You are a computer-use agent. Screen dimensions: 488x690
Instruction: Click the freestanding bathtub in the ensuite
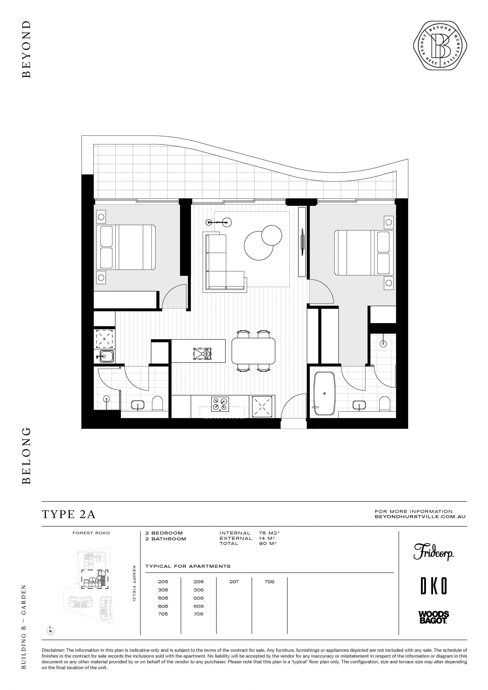click(x=324, y=394)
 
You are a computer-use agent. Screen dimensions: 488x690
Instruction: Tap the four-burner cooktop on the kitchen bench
click(x=220, y=404)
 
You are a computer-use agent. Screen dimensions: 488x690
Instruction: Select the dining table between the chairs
click(x=253, y=351)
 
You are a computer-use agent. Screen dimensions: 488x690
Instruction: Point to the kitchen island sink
click(x=203, y=354)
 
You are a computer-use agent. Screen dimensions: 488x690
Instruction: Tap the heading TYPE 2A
click(x=69, y=514)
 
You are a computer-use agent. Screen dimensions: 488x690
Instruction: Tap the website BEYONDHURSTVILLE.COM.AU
click(x=420, y=517)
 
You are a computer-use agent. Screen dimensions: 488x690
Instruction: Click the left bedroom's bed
click(x=126, y=247)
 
